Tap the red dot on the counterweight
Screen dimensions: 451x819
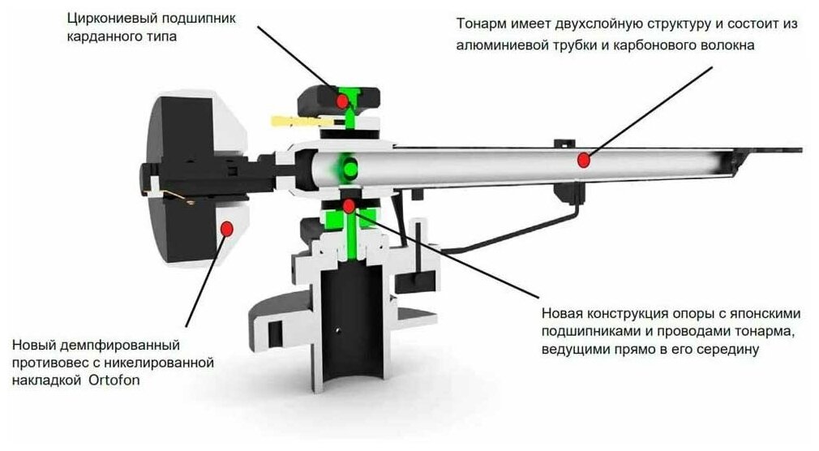[228, 229]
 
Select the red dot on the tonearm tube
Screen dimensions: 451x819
[582, 160]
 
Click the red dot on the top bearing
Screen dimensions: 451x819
[343, 100]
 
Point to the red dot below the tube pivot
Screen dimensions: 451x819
[349, 204]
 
